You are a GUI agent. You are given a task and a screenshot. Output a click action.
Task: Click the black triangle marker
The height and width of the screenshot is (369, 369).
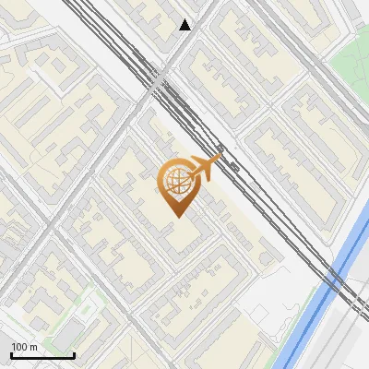(x=185, y=25)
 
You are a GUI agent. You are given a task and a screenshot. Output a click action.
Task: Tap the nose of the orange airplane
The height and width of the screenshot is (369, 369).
(x=220, y=160)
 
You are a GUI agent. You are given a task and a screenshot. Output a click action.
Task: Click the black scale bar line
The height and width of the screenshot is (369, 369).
(x=42, y=355)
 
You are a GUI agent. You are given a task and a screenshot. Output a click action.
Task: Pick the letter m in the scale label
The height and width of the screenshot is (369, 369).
(x=34, y=347)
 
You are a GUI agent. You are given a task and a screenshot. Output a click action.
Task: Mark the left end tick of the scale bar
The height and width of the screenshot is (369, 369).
(x=11, y=354)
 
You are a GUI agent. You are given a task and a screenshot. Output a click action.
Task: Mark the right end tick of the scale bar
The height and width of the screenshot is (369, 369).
(x=74, y=354)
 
